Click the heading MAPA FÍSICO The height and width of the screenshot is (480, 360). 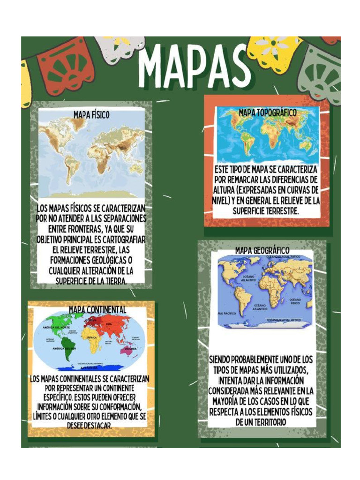click(91, 114)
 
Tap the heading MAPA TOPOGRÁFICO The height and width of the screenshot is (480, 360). click(268, 112)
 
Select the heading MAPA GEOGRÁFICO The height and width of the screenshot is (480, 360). click(262, 250)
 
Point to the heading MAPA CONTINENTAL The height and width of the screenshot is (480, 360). click(97, 309)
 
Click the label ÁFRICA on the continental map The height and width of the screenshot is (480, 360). click(92, 337)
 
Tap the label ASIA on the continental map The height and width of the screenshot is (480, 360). click(109, 324)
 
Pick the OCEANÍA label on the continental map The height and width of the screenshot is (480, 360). click(130, 349)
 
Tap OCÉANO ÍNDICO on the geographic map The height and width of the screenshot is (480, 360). click(295, 300)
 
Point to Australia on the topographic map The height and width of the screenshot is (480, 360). click(305, 145)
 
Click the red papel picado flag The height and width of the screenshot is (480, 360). click(65, 68)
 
